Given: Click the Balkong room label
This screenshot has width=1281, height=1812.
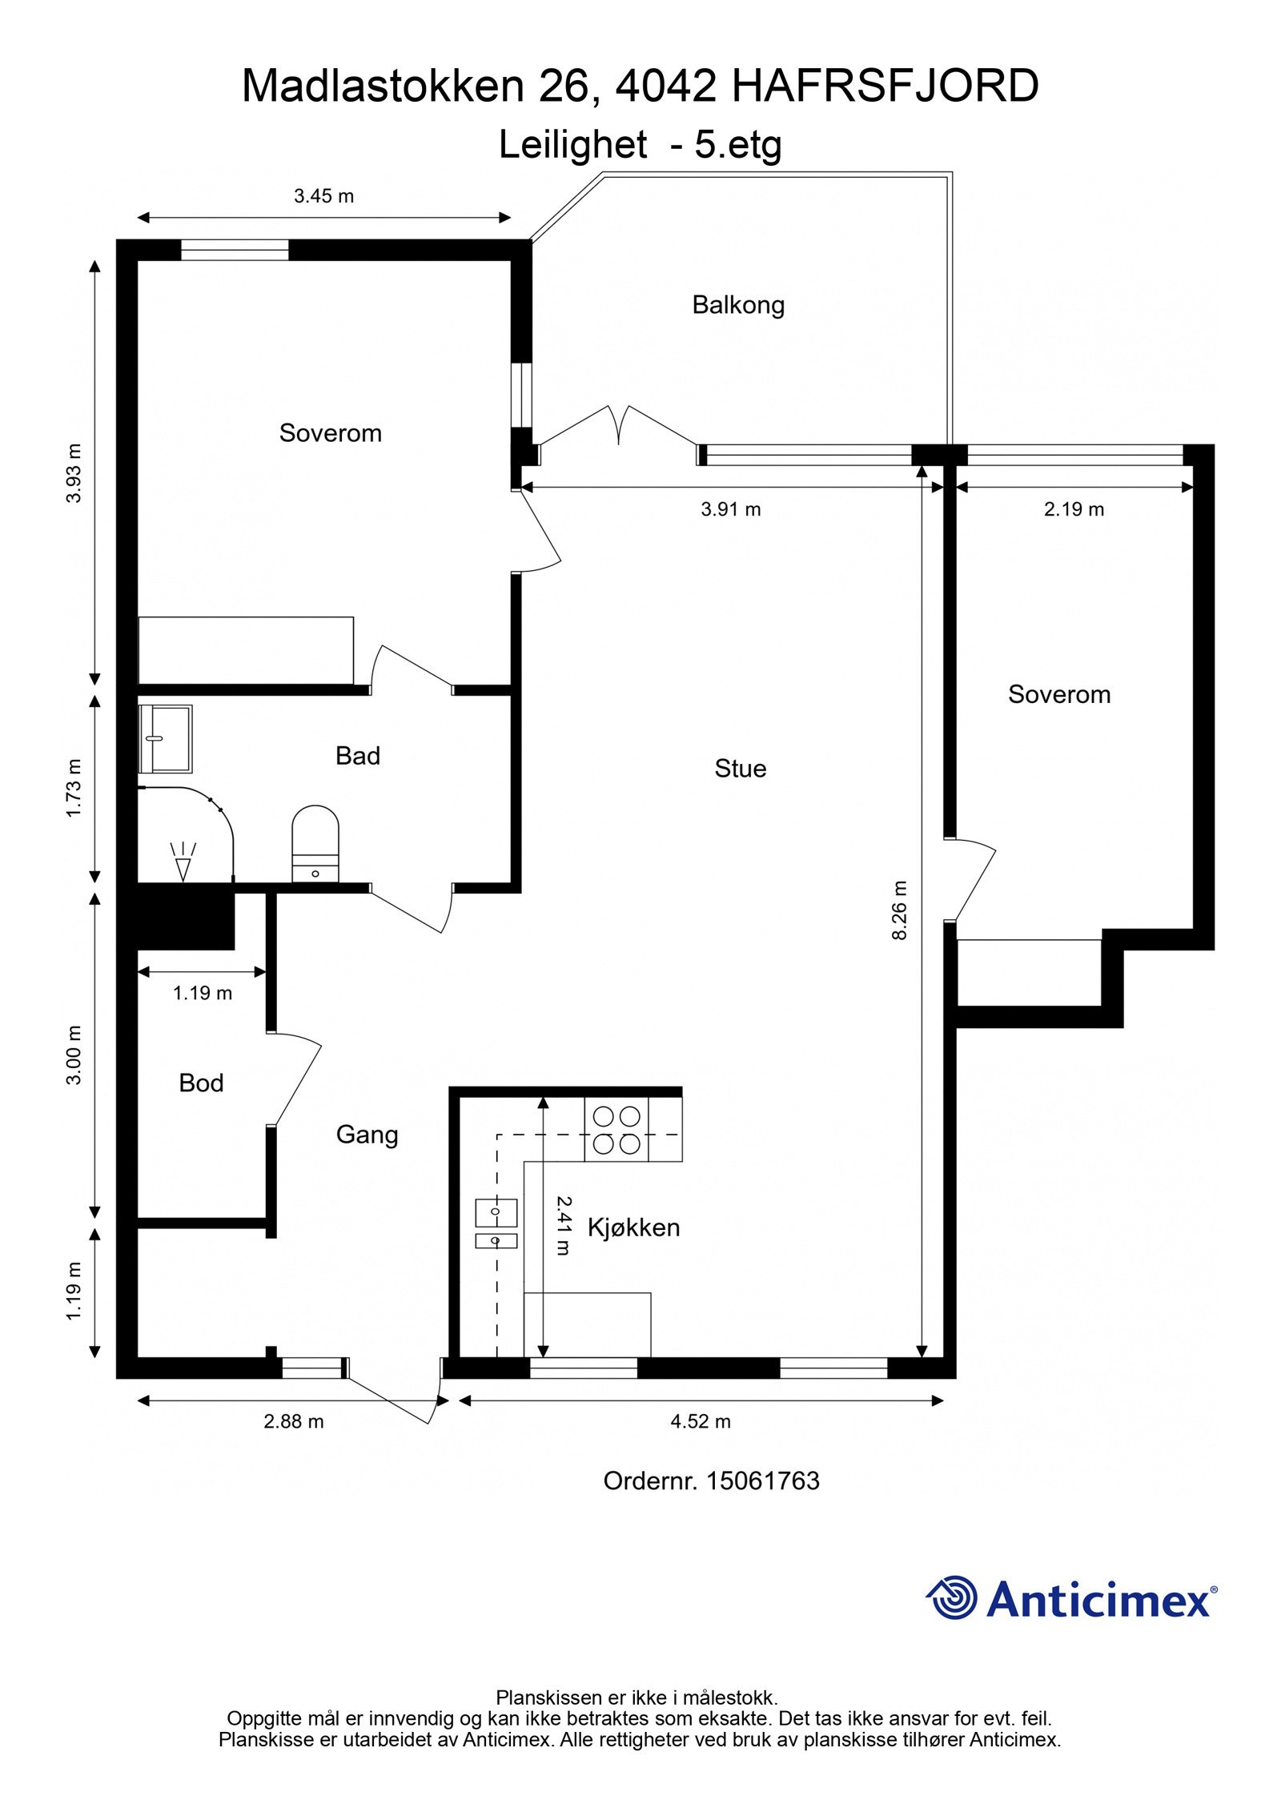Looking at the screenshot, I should point(737,305).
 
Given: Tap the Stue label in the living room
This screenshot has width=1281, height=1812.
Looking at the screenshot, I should point(740,769).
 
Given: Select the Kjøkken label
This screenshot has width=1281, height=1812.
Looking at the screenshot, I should point(633,1227).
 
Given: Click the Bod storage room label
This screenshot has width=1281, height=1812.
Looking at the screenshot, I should point(201,1083).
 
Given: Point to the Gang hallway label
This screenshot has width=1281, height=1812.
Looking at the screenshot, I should point(367,1135).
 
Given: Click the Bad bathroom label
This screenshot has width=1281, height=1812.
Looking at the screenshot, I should point(357,756).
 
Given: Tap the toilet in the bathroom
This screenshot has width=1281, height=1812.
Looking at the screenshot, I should point(315,845).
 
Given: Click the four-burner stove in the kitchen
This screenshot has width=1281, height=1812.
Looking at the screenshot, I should point(616,1130).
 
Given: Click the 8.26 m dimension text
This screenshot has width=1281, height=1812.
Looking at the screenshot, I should point(900,910).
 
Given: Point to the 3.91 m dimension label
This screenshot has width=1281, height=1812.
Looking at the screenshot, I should point(730,509).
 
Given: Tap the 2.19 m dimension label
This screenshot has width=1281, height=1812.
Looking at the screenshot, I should point(1074,509).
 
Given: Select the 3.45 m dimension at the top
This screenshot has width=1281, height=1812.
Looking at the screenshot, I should point(323,196).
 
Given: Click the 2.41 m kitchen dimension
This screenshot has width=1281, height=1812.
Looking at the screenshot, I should point(564,1225).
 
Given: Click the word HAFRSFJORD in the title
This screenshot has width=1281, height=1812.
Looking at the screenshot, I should point(885,86).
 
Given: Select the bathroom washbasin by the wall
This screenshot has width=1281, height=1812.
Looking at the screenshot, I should point(166,738).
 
